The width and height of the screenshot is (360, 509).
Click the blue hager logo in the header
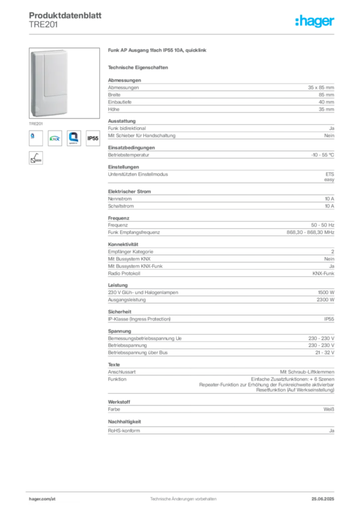click(x=316, y=21)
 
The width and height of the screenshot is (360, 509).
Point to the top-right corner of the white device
click(x=70, y=51)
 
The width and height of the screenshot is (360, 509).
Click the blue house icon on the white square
click(x=74, y=138)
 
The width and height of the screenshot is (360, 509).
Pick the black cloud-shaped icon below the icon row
click(x=35, y=158)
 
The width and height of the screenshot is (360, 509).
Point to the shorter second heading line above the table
click(x=139, y=67)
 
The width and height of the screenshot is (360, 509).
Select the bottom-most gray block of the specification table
click(x=221, y=431)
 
